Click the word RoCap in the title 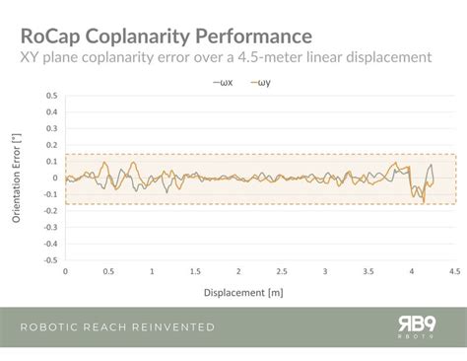point(50,36)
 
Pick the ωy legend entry point(263,84)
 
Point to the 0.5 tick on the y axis point(50,96)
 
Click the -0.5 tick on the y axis point(48,262)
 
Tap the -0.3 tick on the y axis point(48,229)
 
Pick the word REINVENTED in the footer point(170,327)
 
